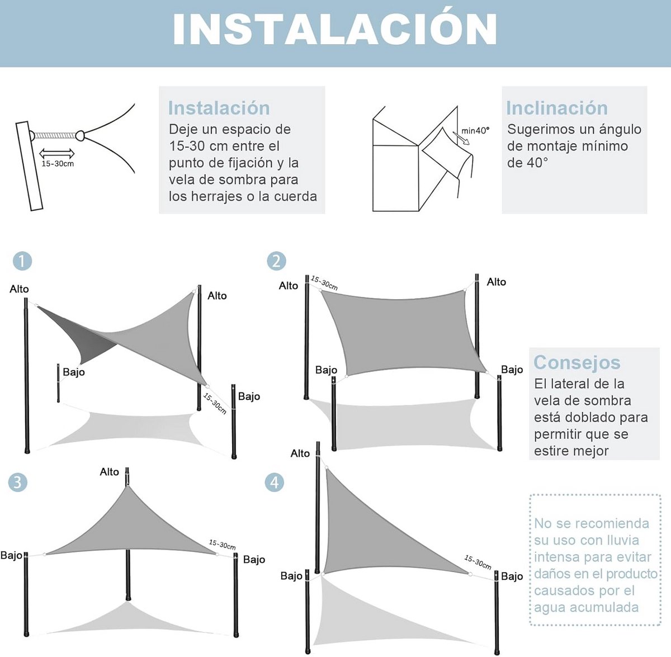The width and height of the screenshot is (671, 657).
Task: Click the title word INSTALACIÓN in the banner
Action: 334,30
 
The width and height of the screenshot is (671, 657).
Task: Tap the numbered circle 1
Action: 22,261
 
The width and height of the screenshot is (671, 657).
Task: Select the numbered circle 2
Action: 276,261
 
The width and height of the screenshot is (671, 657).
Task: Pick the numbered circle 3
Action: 18,483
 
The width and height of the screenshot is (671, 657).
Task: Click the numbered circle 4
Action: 275,483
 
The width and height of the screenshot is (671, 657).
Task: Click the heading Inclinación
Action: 557,108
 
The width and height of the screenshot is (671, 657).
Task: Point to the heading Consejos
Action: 577,363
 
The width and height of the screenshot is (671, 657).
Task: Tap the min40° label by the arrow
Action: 475,131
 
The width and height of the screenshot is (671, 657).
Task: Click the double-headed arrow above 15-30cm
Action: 57,153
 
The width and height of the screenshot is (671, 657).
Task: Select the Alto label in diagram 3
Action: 110,472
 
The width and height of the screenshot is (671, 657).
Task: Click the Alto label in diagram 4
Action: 300,453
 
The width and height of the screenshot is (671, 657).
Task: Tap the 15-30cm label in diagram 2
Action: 324,283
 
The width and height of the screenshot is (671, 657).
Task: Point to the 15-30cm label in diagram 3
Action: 222,544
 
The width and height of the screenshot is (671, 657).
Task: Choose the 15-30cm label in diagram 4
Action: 478,563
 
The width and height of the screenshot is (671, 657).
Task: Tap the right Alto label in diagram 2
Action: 496,282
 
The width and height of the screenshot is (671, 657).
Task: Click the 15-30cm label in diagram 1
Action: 215,404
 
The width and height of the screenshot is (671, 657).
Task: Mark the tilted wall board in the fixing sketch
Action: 29,166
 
